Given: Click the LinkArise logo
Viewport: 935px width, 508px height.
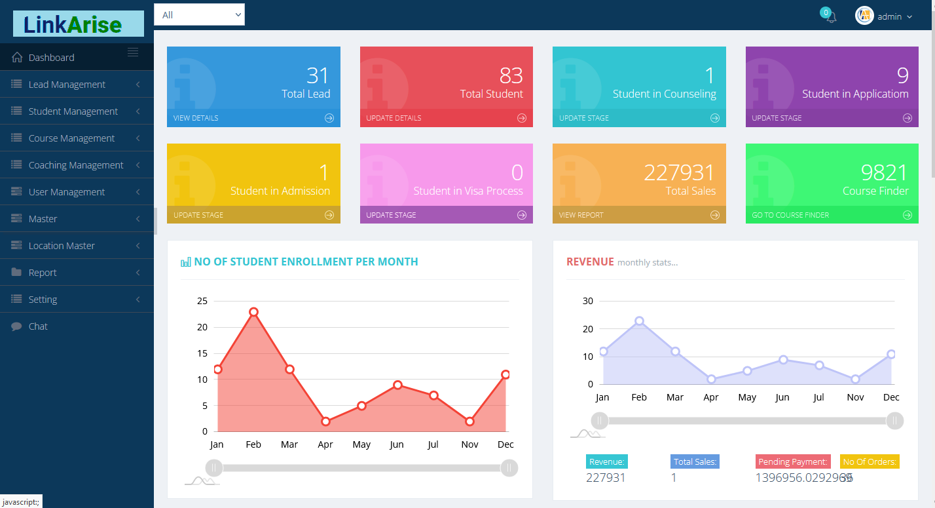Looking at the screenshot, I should pos(78,24).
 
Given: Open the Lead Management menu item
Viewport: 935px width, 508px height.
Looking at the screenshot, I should pos(67,85).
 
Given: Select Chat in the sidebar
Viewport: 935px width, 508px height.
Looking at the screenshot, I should pos(38,326).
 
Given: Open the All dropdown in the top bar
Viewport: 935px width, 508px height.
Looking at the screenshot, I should pos(199,14).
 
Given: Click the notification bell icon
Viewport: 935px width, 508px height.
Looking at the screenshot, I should pos(831,18).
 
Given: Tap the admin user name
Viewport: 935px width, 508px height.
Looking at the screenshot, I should pos(889,16).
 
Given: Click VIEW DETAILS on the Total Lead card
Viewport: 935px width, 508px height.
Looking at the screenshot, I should pos(196,118).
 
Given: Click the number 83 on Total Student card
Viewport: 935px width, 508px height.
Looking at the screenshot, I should pos(511,76).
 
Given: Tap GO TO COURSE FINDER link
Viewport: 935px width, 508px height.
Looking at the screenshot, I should pos(790,215).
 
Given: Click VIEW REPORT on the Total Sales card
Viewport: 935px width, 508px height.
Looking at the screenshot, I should pos(581,215).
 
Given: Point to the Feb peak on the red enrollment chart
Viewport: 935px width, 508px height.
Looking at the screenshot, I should pos(253,312).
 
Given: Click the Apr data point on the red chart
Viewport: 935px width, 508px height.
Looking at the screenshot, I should pos(325,421).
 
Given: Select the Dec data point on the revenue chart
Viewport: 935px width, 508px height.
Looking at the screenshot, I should pos(891,354).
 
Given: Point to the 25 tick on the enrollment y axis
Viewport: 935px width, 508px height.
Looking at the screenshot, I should pos(202,302).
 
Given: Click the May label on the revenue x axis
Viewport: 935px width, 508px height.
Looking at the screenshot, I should pos(746,397).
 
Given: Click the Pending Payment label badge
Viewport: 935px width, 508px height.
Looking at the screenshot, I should pos(792,462).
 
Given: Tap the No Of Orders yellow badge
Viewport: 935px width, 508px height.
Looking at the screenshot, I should pos(869,462).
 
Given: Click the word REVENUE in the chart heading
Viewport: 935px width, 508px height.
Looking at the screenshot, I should pos(590,262).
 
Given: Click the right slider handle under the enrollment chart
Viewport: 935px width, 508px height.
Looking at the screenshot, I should pos(509,468).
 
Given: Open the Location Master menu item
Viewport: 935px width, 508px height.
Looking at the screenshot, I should pos(62,246).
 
